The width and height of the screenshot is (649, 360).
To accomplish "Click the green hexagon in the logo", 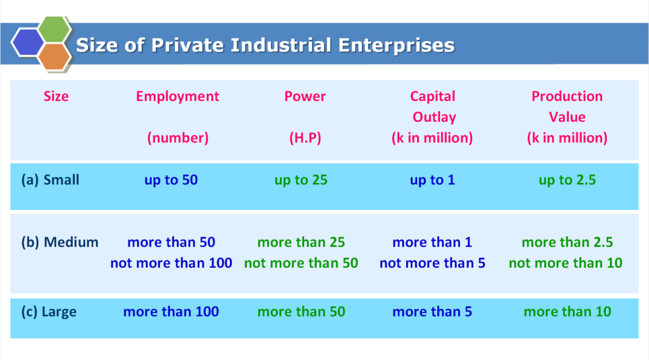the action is click(x=54, y=30).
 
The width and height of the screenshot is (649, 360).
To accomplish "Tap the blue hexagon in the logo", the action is click(x=28, y=42).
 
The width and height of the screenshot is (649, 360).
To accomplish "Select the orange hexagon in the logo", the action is click(x=54, y=57).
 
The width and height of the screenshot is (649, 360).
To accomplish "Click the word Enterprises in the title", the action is click(x=396, y=46).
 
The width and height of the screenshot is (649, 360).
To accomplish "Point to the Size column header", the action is click(x=56, y=96).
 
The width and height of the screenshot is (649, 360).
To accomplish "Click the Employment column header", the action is click(x=178, y=96).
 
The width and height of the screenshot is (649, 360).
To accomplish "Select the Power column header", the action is click(x=305, y=96).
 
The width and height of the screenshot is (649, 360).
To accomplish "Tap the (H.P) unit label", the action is click(x=305, y=137).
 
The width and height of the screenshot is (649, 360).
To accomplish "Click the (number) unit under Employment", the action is click(x=178, y=137).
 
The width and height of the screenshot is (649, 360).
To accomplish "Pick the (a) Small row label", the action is click(x=50, y=180).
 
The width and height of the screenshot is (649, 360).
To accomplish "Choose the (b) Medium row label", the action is click(x=60, y=242).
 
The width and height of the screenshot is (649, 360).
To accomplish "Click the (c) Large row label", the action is click(x=49, y=312).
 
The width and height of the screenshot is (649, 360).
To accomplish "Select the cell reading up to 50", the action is click(x=171, y=180).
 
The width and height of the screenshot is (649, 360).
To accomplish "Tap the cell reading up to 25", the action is click(x=301, y=180).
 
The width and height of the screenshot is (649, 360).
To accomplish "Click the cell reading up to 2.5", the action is click(x=567, y=180).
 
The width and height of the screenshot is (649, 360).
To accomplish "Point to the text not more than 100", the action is click(x=171, y=262).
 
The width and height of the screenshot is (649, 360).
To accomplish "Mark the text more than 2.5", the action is click(x=567, y=242).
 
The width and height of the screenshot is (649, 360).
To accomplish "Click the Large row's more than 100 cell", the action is click(x=171, y=312).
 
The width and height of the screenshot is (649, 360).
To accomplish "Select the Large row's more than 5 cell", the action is click(x=432, y=312).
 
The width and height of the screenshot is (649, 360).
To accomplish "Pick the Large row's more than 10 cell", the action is click(x=567, y=312).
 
